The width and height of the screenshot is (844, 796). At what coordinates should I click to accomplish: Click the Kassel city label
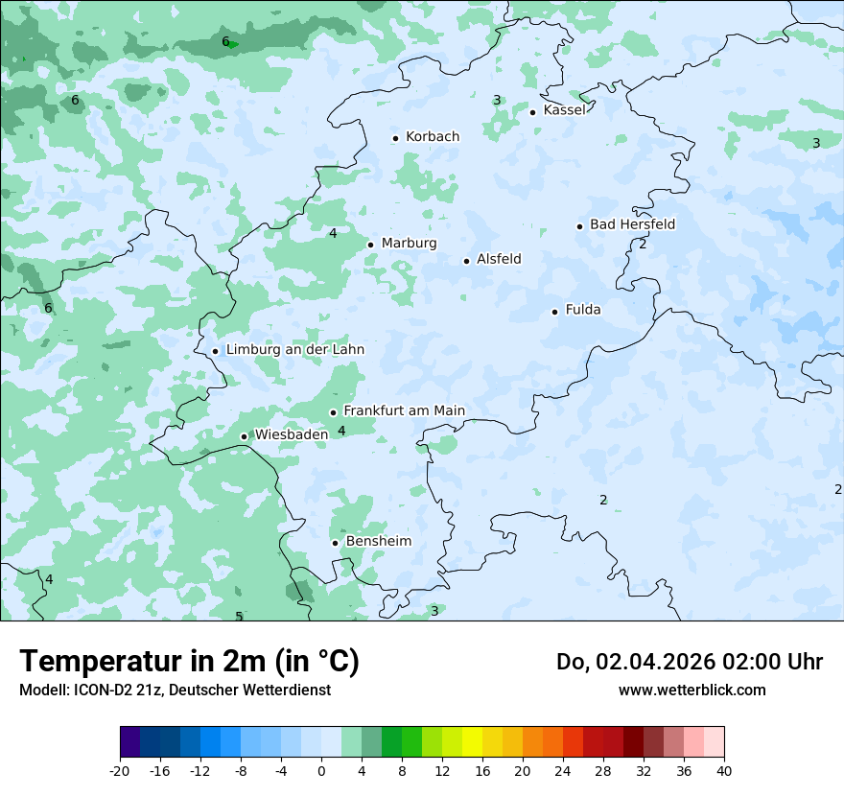tap(564, 110)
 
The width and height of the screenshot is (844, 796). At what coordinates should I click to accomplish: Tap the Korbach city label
tap(433, 137)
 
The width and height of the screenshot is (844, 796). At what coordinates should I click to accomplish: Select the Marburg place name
tap(409, 244)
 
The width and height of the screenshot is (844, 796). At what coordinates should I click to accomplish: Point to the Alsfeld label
tap(499, 259)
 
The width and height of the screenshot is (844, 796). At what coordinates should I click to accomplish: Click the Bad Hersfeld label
tap(632, 224)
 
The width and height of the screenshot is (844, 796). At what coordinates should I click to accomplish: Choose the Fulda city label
tap(583, 310)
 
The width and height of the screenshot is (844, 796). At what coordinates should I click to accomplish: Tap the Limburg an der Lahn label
tap(294, 350)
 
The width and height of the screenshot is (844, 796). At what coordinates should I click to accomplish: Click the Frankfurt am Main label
tap(404, 410)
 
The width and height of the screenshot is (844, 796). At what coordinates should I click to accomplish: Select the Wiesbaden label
tap(291, 434)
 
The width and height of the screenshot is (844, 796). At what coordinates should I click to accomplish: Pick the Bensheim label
tap(378, 541)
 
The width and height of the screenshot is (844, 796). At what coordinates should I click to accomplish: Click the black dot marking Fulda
tap(554, 312)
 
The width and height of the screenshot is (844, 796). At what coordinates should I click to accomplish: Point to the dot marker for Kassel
tap(532, 112)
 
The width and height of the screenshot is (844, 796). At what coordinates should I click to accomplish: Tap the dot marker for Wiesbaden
tap(244, 436)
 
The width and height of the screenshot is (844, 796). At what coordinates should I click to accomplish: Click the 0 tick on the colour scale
tap(321, 771)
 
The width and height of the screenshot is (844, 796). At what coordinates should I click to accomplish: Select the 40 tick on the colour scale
tap(724, 771)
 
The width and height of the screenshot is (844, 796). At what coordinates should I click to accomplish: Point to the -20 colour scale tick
tap(120, 771)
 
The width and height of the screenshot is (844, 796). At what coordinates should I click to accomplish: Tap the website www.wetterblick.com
tap(692, 690)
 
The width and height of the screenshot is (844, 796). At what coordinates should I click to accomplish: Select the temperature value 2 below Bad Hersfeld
tap(643, 245)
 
